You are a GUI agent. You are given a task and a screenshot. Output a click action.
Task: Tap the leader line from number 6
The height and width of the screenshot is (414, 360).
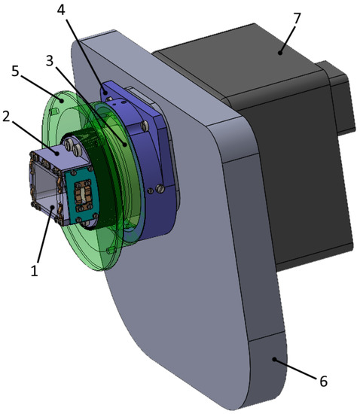click(x=297, y=369)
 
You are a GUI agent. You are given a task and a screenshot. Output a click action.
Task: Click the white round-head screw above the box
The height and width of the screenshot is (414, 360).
click(x=70, y=142)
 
